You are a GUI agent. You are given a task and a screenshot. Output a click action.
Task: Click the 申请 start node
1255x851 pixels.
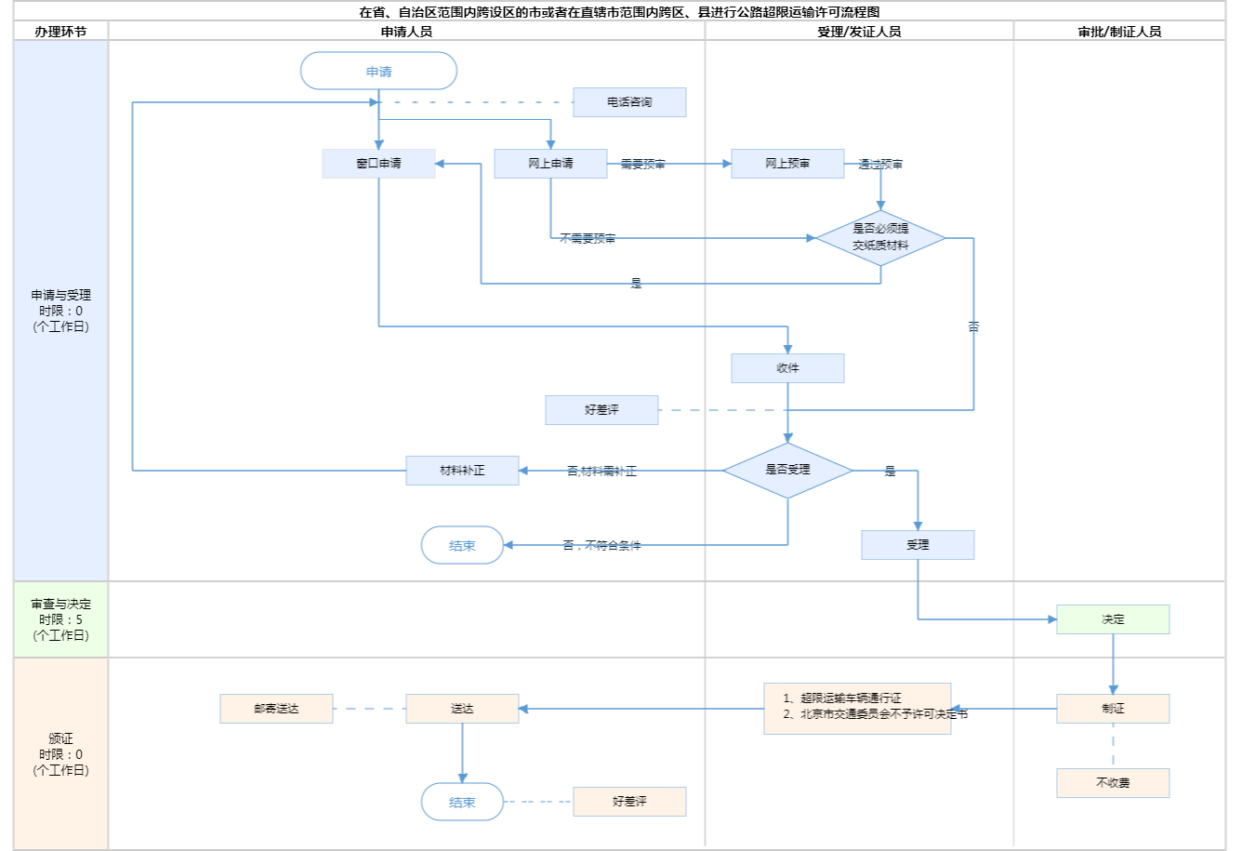click(378, 72)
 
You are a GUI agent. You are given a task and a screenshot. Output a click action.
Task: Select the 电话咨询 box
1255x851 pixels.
click(629, 102)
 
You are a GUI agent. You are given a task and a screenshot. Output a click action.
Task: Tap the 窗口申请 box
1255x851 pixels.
click(378, 164)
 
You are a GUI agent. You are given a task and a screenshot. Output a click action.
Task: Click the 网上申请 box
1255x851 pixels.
click(550, 164)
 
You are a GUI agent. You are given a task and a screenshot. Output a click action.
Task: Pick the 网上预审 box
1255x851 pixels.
click(787, 164)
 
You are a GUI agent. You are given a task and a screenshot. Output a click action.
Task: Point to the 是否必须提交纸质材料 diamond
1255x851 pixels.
click(880, 238)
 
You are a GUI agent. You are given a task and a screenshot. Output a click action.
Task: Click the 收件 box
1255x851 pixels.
click(787, 368)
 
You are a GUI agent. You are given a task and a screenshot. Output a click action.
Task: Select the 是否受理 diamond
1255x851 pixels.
click(787, 471)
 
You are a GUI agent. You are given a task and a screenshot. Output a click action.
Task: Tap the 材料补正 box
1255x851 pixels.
click(462, 471)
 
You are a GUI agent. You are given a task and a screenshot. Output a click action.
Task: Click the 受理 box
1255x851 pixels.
click(918, 545)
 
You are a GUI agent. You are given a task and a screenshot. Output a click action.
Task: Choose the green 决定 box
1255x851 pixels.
click(1113, 619)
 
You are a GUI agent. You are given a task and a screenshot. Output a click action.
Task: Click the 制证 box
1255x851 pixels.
click(1113, 709)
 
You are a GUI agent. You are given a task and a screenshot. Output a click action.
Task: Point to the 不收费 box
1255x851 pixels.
click(1113, 783)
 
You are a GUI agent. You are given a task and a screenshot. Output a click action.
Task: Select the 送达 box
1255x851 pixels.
click(462, 709)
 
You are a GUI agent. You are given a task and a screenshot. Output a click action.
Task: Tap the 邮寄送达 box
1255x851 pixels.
click(276, 709)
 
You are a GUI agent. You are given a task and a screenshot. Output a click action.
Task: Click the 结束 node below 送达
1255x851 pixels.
click(462, 802)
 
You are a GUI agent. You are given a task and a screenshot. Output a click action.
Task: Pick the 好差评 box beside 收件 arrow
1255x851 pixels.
click(601, 410)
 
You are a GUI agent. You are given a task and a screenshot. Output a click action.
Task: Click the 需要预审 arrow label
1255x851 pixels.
click(643, 165)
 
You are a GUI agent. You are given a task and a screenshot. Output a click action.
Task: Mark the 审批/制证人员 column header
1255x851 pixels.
click(1119, 32)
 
